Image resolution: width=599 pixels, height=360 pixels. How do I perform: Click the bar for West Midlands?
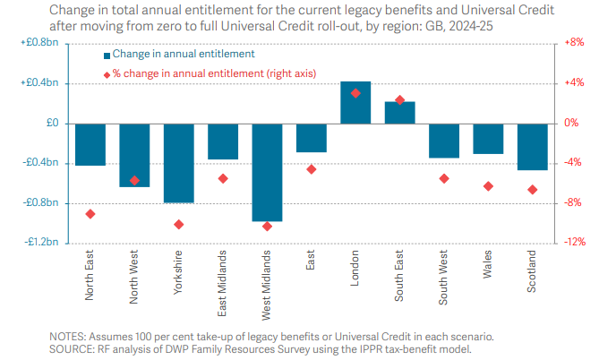267,172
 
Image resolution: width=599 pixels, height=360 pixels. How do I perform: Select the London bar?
355,102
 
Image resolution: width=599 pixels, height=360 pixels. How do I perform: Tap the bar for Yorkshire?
178,163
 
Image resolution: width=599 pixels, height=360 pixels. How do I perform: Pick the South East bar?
399,112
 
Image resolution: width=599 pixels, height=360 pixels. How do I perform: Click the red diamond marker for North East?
90,214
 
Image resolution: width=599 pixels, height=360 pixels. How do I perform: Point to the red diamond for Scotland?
532,190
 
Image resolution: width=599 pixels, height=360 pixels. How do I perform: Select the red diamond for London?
355,93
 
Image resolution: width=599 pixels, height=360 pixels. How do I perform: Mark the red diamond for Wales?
488,186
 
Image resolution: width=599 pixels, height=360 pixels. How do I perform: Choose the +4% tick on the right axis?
571,83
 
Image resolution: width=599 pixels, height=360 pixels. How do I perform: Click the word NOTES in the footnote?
69,336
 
